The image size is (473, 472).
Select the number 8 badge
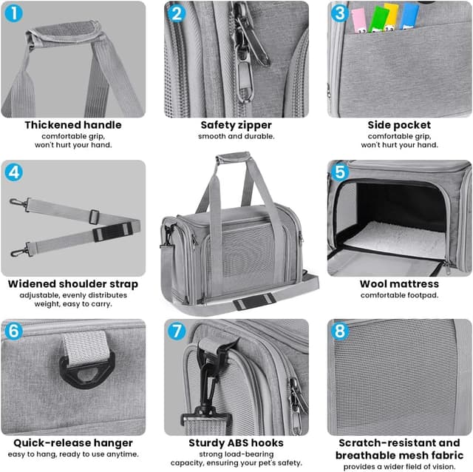tap(340, 331)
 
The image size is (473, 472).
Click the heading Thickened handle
tap(73, 125)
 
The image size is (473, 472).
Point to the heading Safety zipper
tap(236, 125)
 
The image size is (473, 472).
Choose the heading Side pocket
tap(399, 125)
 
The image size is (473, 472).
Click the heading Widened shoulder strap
tap(73, 284)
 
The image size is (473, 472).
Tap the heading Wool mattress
tap(399, 284)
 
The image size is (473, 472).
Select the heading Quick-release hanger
tap(73, 442)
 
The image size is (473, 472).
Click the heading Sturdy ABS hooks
tap(236, 442)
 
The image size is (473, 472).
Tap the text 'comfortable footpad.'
tap(399, 295)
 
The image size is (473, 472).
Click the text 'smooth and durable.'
tap(236, 136)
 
